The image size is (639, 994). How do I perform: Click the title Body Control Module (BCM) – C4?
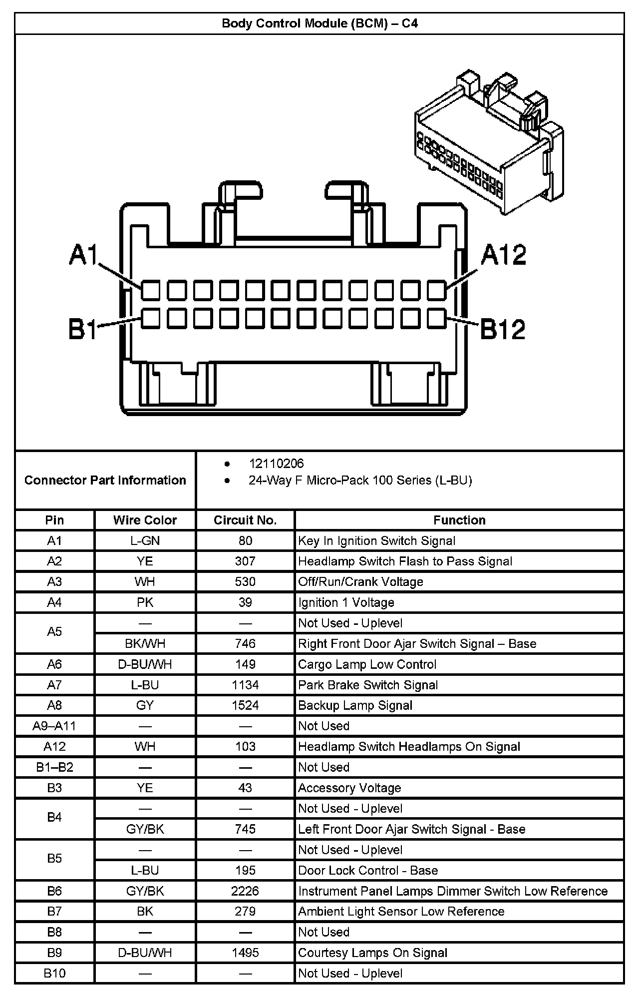(319, 23)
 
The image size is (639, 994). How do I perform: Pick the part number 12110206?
(276, 464)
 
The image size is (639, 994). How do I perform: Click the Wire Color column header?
(145, 520)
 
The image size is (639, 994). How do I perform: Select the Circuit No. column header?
(245, 520)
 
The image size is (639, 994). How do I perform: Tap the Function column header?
(459, 520)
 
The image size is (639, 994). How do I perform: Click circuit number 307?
(245, 561)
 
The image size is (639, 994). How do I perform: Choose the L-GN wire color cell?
(145, 540)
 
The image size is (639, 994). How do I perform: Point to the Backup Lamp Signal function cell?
(355, 705)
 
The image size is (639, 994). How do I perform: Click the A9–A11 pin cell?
(54, 726)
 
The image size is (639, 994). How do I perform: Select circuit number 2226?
(245, 891)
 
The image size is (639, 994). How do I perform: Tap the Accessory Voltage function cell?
(349, 788)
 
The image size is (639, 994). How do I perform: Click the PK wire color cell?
(145, 602)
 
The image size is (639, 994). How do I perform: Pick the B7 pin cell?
(54, 911)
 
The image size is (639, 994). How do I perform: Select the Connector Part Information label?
(105, 480)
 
